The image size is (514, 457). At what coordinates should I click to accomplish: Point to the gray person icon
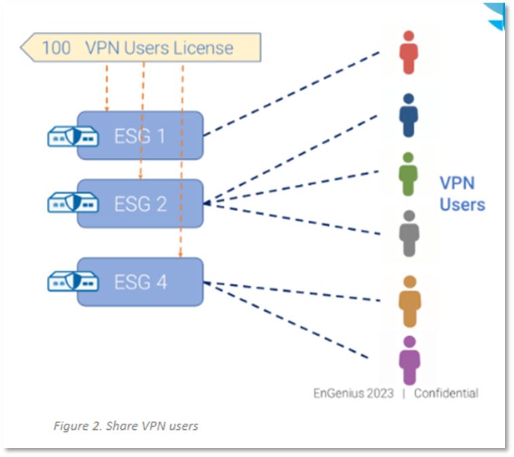click(x=408, y=233)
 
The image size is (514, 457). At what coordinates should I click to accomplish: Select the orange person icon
click(x=410, y=300)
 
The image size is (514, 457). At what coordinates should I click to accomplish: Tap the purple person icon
click(x=409, y=360)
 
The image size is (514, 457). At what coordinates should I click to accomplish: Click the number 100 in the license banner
click(x=56, y=48)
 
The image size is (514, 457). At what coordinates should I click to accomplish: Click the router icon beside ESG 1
click(x=68, y=136)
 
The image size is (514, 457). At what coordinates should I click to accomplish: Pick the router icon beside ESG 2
click(x=68, y=202)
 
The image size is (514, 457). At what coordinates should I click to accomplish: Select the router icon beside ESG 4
click(x=68, y=281)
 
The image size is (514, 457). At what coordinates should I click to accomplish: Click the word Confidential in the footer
click(x=446, y=393)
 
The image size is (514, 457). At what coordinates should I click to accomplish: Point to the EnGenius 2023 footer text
click(x=353, y=393)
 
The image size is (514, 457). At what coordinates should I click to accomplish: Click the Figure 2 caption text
click(x=125, y=426)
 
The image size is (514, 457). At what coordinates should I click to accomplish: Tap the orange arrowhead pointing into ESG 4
click(x=181, y=255)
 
